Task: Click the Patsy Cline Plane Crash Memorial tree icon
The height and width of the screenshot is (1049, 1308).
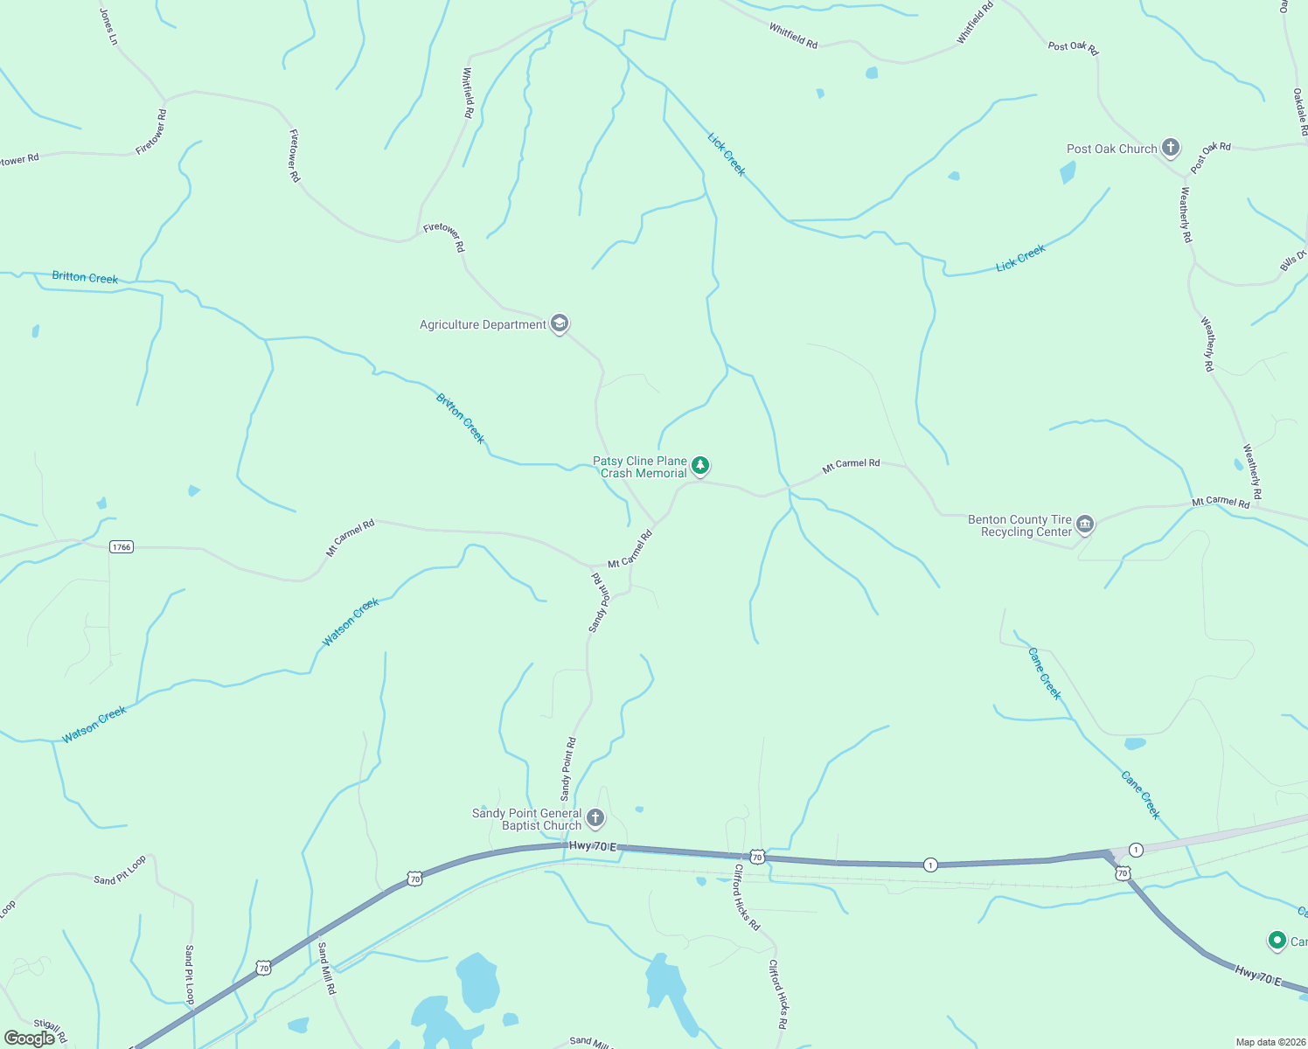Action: (699, 465)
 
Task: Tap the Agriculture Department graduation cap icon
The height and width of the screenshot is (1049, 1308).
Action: (560, 323)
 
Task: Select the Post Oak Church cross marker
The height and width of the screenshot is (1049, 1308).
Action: (1171, 148)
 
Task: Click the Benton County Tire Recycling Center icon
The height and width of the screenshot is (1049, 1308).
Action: (1085, 524)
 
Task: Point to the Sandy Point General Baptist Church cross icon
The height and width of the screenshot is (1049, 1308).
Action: (595, 818)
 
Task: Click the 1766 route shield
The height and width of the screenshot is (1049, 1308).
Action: (121, 547)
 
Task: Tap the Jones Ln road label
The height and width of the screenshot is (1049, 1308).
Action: (108, 27)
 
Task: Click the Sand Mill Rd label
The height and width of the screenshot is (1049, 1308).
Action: (326, 968)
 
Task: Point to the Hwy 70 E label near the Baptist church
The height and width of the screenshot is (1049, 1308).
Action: (593, 846)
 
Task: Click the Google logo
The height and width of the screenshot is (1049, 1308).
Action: (30, 1039)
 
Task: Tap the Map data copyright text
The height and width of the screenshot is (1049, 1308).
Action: (1270, 1042)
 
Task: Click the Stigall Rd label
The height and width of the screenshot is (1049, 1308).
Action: (50, 1030)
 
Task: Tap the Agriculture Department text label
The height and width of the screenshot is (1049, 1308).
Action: (483, 324)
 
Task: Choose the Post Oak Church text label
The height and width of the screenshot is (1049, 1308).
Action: (1111, 149)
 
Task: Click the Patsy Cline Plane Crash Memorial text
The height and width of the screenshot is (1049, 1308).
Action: (641, 467)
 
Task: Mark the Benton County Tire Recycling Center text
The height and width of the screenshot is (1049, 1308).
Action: (1019, 525)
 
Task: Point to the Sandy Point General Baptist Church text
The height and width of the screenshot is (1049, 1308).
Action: (526, 819)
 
